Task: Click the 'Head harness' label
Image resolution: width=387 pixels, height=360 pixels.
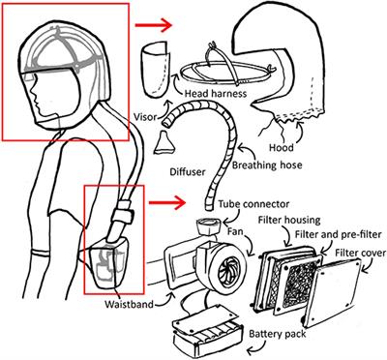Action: click(x=216, y=94)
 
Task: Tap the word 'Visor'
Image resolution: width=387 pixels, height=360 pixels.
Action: click(x=144, y=117)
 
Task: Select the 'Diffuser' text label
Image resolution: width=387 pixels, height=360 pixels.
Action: click(x=188, y=171)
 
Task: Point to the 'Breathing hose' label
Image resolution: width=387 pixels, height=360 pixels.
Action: click(x=267, y=165)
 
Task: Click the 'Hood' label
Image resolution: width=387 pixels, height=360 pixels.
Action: click(x=282, y=148)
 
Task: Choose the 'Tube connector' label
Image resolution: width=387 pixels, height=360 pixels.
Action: click(x=253, y=204)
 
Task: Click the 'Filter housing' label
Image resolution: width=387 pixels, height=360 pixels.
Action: click(x=289, y=221)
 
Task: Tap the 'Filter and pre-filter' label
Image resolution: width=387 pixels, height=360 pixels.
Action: click(x=338, y=234)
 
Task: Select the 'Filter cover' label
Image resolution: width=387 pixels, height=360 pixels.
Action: click(x=361, y=253)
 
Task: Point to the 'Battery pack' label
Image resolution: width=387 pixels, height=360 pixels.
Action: click(x=278, y=334)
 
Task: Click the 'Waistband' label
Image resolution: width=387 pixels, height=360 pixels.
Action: click(x=129, y=304)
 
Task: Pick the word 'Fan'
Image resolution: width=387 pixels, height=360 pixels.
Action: click(x=235, y=231)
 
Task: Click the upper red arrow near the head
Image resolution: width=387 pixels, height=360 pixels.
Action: click(x=153, y=25)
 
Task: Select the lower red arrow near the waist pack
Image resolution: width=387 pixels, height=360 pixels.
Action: click(x=167, y=203)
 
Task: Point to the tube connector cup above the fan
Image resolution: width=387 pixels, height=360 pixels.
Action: click(x=208, y=226)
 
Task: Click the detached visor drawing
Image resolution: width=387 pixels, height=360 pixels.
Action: click(x=156, y=69)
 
